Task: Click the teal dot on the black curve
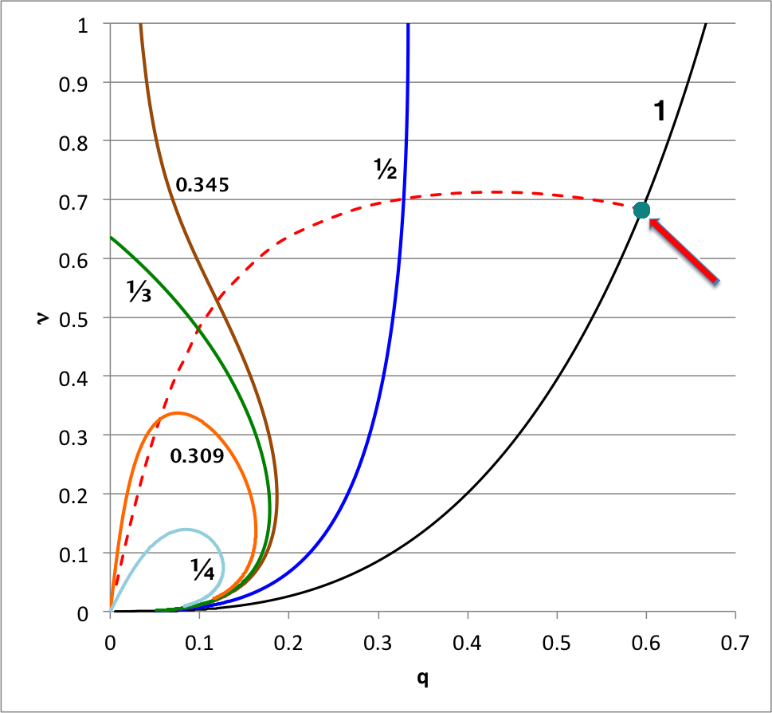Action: point(641,210)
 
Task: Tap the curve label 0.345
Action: point(202,185)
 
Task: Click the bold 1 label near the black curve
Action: point(659,112)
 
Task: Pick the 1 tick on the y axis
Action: point(83,24)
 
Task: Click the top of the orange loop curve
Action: point(178,412)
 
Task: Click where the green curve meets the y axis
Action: point(111,237)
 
